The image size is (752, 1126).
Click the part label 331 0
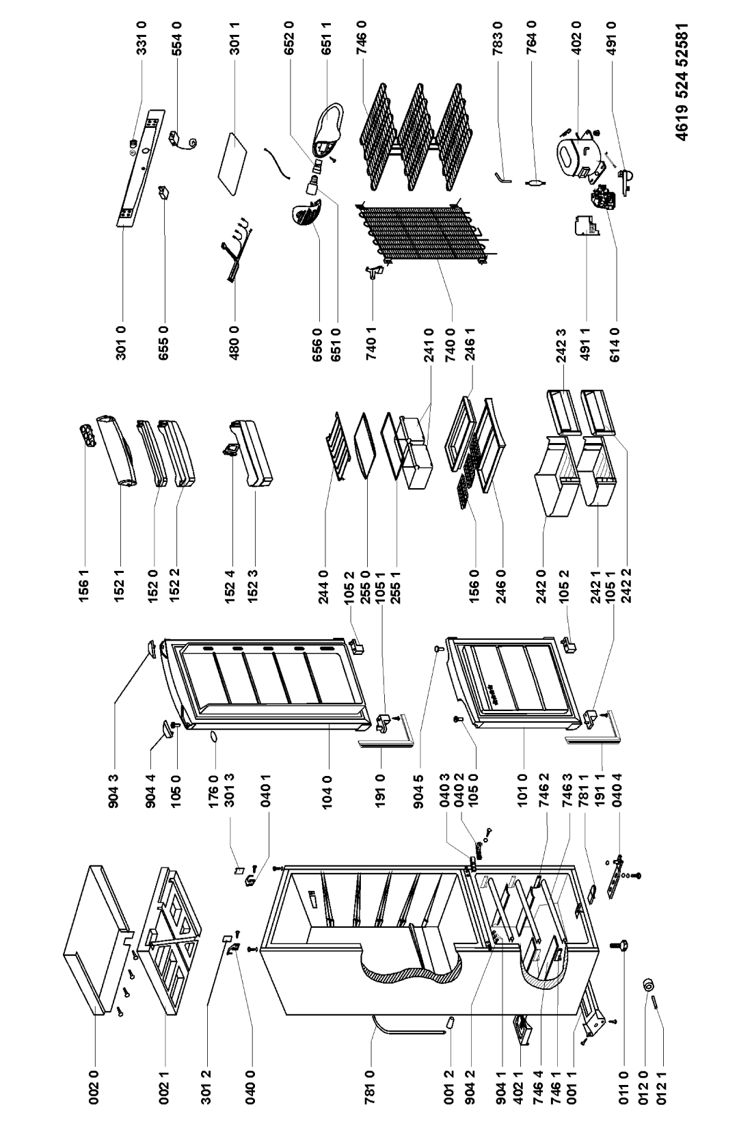click(143, 36)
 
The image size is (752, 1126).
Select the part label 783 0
click(498, 36)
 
